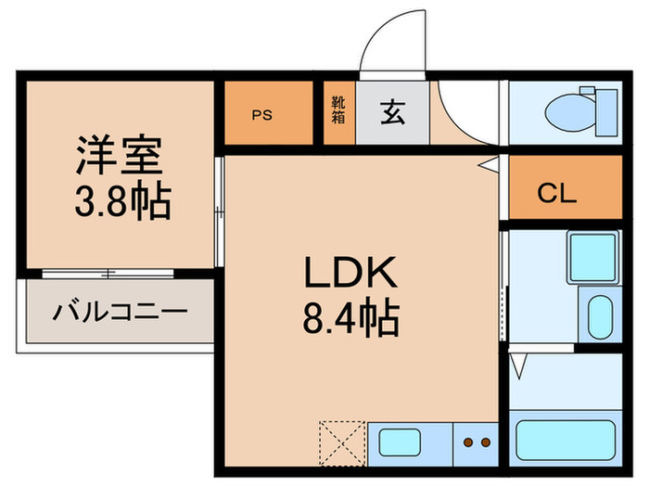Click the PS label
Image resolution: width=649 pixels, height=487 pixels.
point(262,115)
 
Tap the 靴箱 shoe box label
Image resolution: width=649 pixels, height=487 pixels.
point(338,109)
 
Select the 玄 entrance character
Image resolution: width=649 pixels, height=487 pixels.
point(392,112)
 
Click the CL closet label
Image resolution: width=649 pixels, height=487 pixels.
point(556,193)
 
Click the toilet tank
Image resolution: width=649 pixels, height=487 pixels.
point(606,112)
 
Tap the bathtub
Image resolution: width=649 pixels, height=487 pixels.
point(566,440)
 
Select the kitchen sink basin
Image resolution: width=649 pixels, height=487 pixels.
point(400,442)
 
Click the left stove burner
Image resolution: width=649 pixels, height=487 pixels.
point(468,442)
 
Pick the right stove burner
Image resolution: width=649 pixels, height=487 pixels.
point(486,442)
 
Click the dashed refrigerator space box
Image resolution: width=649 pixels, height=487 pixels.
point(342,443)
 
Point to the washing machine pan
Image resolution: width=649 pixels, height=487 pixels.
point(592,257)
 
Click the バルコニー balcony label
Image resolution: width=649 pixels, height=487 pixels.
point(120,312)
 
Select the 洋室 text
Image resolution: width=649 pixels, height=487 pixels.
point(119,154)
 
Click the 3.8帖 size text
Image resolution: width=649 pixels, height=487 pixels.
point(123,201)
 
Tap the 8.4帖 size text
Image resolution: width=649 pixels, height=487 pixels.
point(351,319)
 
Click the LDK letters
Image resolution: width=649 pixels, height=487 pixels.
point(351,272)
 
